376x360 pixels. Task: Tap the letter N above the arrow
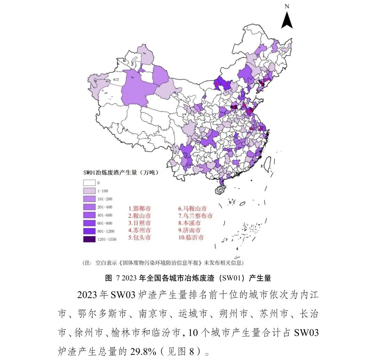tap(287, 6)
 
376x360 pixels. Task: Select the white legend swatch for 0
tap(89, 183)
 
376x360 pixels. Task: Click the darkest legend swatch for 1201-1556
tap(89, 239)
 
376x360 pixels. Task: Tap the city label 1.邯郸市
tap(140, 209)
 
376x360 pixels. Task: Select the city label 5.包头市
tap(140, 238)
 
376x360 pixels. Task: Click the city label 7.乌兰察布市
tap(195, 216)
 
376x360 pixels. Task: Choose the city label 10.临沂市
tap(191, 238)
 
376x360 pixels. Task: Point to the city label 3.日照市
tap(140, 223)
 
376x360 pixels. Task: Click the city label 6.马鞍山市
tap(193, 209)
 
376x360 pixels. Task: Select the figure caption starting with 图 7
tap(188, 278)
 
